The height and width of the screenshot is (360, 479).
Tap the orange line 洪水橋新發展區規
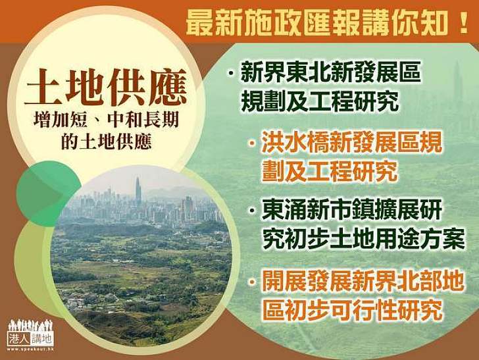pyautogui.click(x=351, y=145)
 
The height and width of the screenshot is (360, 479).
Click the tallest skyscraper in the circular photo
pyautogui.click(x=138, y=190)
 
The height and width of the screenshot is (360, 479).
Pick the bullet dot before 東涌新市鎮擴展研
pyautogui.click(x=253, y=212)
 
